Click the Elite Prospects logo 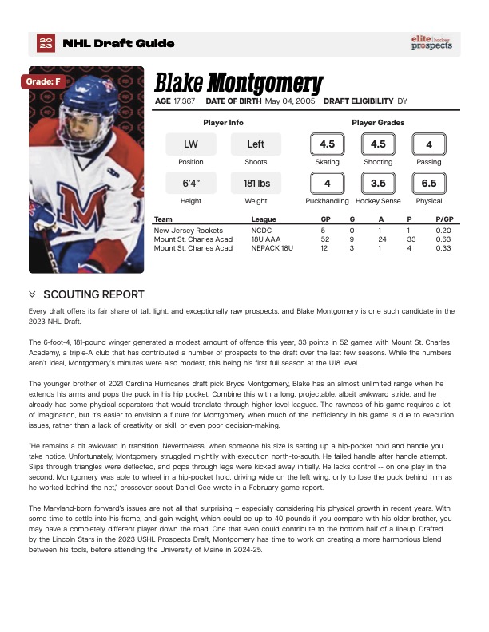point(431,43)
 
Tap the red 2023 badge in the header point(46,43)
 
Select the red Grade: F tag point(42,81)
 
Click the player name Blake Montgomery point(238,82)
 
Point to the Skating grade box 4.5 point(327,144)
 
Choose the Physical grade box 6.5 point(429,183)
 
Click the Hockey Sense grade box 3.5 point(378,183)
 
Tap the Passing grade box point(429,144)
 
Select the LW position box point(190,144)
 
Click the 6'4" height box point(190,183)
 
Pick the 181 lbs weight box point(256,183)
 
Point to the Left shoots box point(256,144)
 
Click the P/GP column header point(444,219)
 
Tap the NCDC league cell point(262,230)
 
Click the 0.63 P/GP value point(443,239)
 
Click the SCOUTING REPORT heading point(93,294)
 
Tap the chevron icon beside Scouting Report point(32,294)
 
